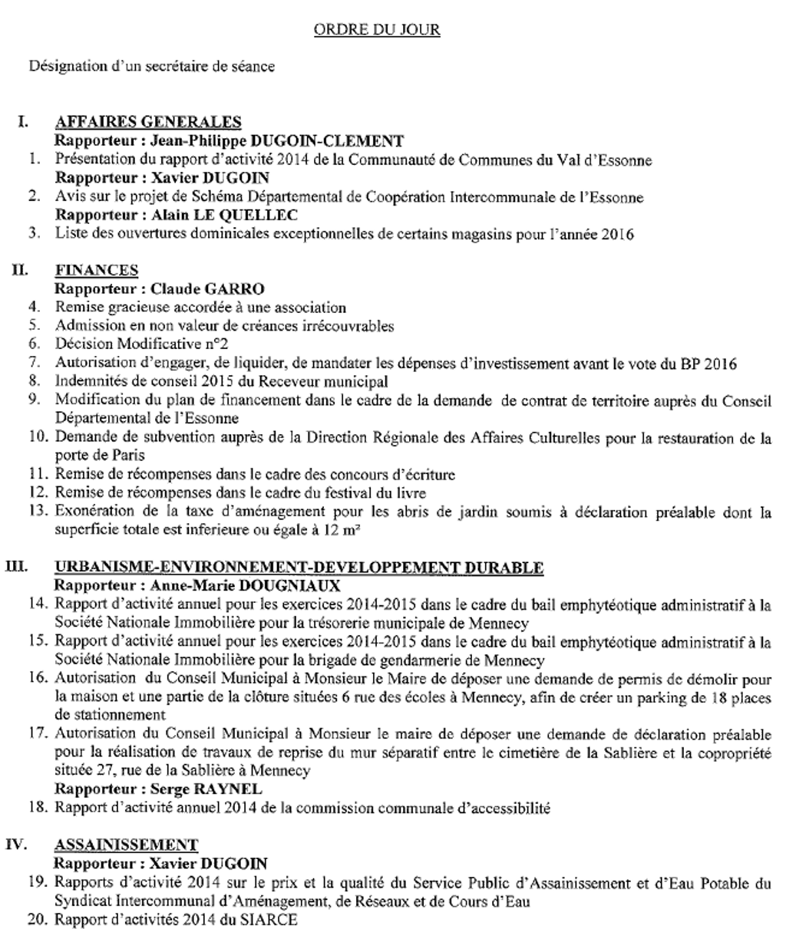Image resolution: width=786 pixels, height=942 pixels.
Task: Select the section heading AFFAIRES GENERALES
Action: point(148,122)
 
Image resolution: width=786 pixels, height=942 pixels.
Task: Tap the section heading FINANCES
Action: point(97,270)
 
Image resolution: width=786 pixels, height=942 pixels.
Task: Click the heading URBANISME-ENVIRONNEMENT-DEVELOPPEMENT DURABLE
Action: point(299,568)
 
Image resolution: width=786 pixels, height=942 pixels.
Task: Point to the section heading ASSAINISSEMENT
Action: point(126,845)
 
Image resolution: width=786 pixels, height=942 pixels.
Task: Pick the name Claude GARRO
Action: point(196,289)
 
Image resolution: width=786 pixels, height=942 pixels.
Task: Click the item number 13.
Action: point(39,512)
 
